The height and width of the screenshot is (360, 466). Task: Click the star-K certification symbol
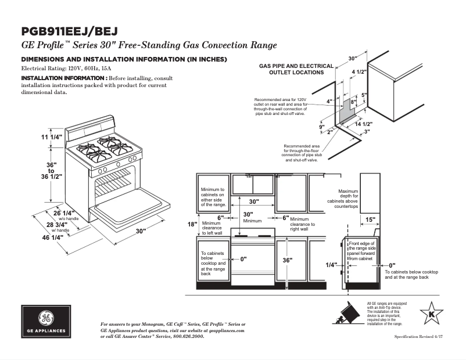(431, 315)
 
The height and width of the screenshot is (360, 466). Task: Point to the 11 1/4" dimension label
(51, 137)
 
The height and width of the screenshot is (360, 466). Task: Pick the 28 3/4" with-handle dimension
(56, 224)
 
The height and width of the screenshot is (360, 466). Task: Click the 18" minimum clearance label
(192, 224)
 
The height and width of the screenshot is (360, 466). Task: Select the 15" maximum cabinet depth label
(370, 219)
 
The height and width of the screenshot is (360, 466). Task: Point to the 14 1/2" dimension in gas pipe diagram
(363, 124)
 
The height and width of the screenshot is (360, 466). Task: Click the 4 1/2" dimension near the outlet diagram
(359, 72)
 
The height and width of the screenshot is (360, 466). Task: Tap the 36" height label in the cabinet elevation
(287, 261)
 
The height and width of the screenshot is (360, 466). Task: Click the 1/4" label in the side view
(331, 265)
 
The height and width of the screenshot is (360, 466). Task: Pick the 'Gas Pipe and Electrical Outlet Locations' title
(296, 69)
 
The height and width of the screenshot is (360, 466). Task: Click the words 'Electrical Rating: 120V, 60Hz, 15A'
(62, 69)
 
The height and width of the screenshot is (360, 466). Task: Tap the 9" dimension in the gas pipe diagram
(321, 127)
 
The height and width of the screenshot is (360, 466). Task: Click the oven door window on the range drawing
(116, 185)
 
